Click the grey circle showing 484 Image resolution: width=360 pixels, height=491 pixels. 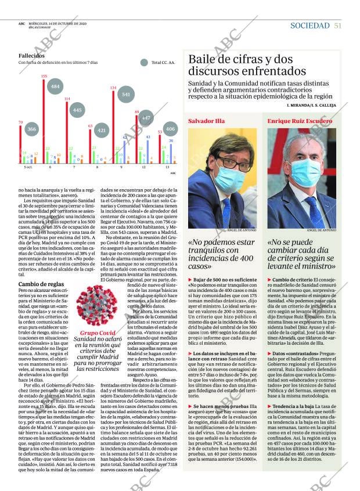[55, 86]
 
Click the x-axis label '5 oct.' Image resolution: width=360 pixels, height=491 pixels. [28, 167]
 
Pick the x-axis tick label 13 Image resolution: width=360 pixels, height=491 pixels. [167, 167]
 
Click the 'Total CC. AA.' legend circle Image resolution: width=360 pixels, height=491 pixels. [143, 62]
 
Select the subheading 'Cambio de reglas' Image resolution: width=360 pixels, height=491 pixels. [39, 284]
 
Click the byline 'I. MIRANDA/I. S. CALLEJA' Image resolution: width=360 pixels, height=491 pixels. [309, 105]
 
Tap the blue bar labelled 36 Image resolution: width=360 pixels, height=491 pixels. [171, 153]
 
